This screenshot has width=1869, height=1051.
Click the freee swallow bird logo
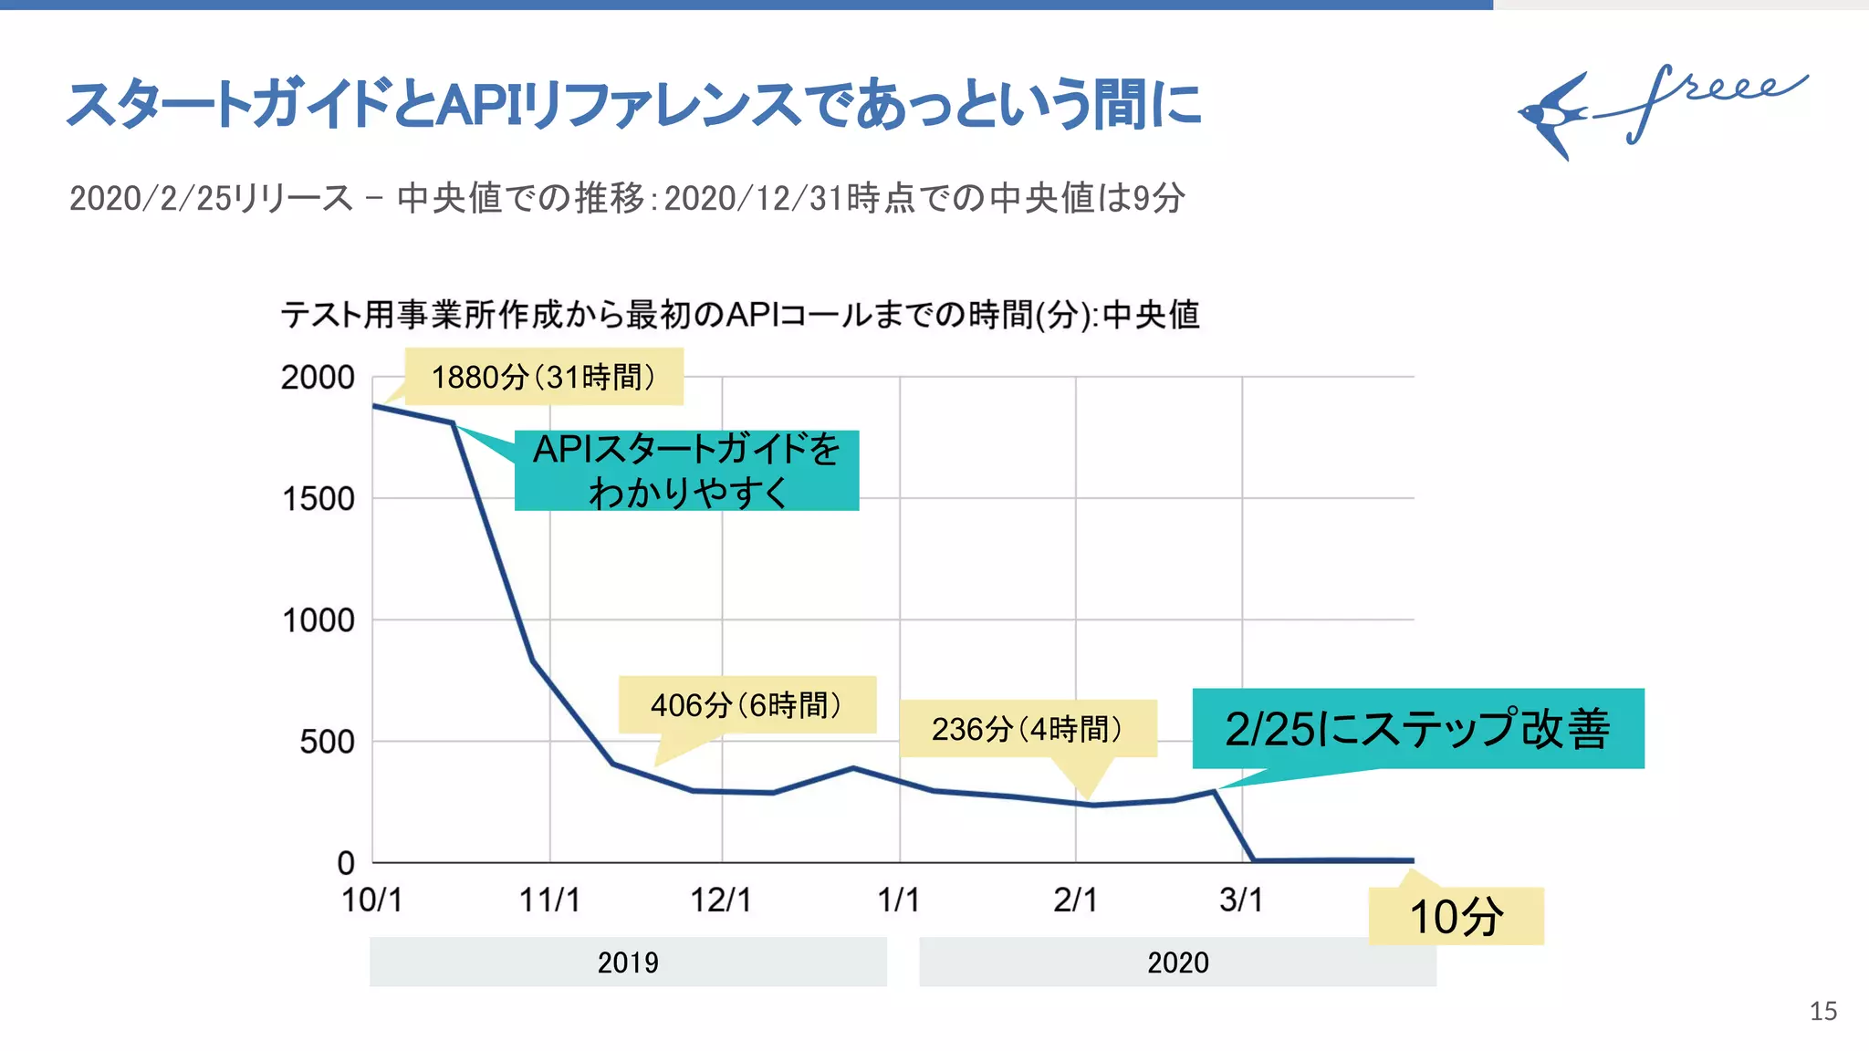coord(1556,115)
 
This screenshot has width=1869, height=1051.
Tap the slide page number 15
coord(1822,1011)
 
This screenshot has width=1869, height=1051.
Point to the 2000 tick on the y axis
coord(318,377)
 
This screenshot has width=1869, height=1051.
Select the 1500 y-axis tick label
coord(318,499)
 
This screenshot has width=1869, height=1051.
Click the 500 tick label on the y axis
coord(327,742)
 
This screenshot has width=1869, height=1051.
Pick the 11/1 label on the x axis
coord(549,900)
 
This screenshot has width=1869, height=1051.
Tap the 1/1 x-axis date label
coord(898,900)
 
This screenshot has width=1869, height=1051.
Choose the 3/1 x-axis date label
coord(1241,900)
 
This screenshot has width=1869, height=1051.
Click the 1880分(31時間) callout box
coord(544,377)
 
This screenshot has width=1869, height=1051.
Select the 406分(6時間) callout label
coord(747,704)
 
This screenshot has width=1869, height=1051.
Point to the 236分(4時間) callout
coord(1028,728)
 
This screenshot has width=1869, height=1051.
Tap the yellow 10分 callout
coord(1457,916)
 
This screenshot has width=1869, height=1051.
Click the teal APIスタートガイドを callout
coord(686,471)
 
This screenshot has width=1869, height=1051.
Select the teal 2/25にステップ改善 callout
coord(1417,728)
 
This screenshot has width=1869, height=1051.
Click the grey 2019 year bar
coord(628,962)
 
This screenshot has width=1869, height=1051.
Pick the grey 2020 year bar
coord(1177,962)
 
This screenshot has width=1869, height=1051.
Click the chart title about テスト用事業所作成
coord(739,315)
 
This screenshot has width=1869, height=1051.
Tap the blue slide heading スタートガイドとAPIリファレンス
coord(634,104)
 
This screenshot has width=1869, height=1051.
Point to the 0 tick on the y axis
coord(346,863)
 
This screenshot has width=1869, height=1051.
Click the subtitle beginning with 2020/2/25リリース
coord(626,198)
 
